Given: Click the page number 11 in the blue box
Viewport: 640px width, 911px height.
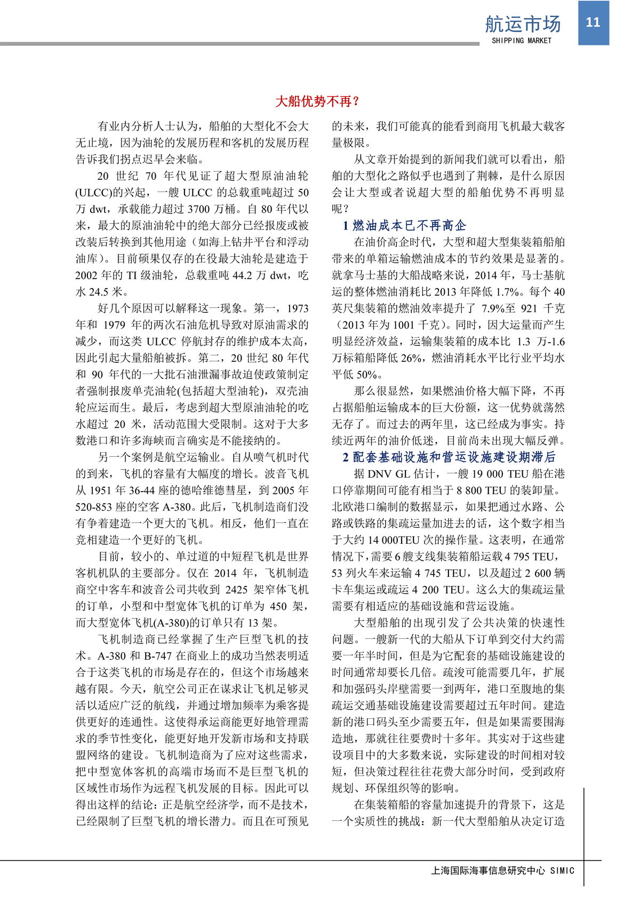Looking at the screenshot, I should (593, 22).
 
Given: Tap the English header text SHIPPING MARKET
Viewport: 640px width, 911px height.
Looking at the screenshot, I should (522, 41).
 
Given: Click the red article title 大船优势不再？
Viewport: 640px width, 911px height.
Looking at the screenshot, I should (318, 101).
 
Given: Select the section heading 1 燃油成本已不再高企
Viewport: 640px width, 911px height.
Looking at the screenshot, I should (404, 225).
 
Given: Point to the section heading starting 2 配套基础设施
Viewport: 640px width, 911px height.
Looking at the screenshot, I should (449, 457).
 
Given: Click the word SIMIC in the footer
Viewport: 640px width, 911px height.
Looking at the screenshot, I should (562, 870).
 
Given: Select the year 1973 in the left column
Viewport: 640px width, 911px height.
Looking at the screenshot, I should (297, 308).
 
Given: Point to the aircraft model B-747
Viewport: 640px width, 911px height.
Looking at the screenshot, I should (158, 656).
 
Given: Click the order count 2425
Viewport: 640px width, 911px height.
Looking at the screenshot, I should (236, 590).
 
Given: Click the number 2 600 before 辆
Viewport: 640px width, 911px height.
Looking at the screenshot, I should (535, 573).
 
